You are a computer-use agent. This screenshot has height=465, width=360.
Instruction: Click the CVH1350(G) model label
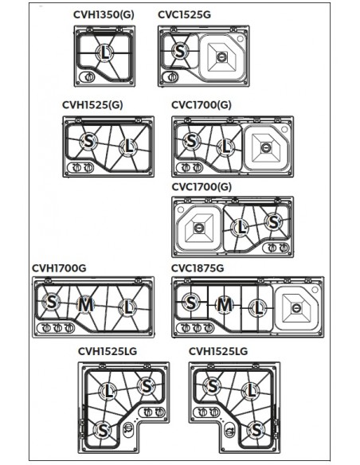(x=104, y=14)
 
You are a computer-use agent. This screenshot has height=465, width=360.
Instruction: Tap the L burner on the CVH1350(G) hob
(x=104, y=53)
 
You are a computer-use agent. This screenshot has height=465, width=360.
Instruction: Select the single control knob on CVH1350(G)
(x=89, y=77)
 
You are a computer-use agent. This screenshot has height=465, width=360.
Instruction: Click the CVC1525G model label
(x=184, y=14)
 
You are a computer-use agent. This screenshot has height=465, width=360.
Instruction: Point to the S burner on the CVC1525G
(x=180, y=51)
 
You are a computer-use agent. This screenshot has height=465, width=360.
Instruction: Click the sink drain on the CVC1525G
(x=221, y=57)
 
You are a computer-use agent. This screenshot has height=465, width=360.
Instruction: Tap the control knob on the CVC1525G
(x=172, y=76)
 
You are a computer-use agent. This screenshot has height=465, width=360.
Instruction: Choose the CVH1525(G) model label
(x=92, y=105)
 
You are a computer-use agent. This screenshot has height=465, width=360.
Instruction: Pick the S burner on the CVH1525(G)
(x=88, y=141)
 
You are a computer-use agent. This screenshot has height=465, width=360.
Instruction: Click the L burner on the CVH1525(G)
(x=128, y=147)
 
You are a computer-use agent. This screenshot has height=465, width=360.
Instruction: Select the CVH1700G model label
(x=59, y=268)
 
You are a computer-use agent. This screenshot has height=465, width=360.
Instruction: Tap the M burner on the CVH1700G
(x=85, y=305)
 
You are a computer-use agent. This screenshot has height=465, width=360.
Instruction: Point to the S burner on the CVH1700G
(x=51, y=302)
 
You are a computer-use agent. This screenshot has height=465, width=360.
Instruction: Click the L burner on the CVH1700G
(x=127, y=307)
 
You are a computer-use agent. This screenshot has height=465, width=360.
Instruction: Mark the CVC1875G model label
(x=198, y=268)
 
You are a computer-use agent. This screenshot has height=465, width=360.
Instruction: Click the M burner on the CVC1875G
(x=224, y=305)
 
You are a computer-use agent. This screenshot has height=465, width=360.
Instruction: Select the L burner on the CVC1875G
(x=258, y=308)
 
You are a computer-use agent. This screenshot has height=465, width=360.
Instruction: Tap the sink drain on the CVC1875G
(x=296, y=308)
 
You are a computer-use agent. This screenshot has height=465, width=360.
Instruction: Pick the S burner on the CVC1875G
(x=190, y=303)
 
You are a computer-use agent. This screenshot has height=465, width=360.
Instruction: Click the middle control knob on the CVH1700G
(x=57, y=328)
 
